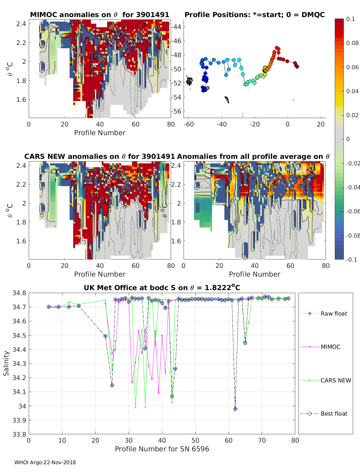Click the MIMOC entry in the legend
coord(330,347)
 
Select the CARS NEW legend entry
coord(335,380)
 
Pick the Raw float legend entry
coord(334,313)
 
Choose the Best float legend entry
coord(334,414)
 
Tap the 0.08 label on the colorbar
coord(352,43)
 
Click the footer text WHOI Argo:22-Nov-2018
coord(45,462)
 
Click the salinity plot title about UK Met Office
coord(162,288)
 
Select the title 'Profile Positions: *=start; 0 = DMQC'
coord(254,15)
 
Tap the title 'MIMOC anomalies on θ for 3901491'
coord(100,15)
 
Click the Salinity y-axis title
coord(6,363)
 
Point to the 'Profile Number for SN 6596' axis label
coord(162,449)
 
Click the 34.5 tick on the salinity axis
coord(19,335)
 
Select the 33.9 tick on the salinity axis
coord(19,420)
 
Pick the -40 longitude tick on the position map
coord(221,124)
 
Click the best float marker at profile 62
coord(235,409)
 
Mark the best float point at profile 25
coord(112,385)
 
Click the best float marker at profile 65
coord(245,343)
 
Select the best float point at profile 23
coord(105,336)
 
